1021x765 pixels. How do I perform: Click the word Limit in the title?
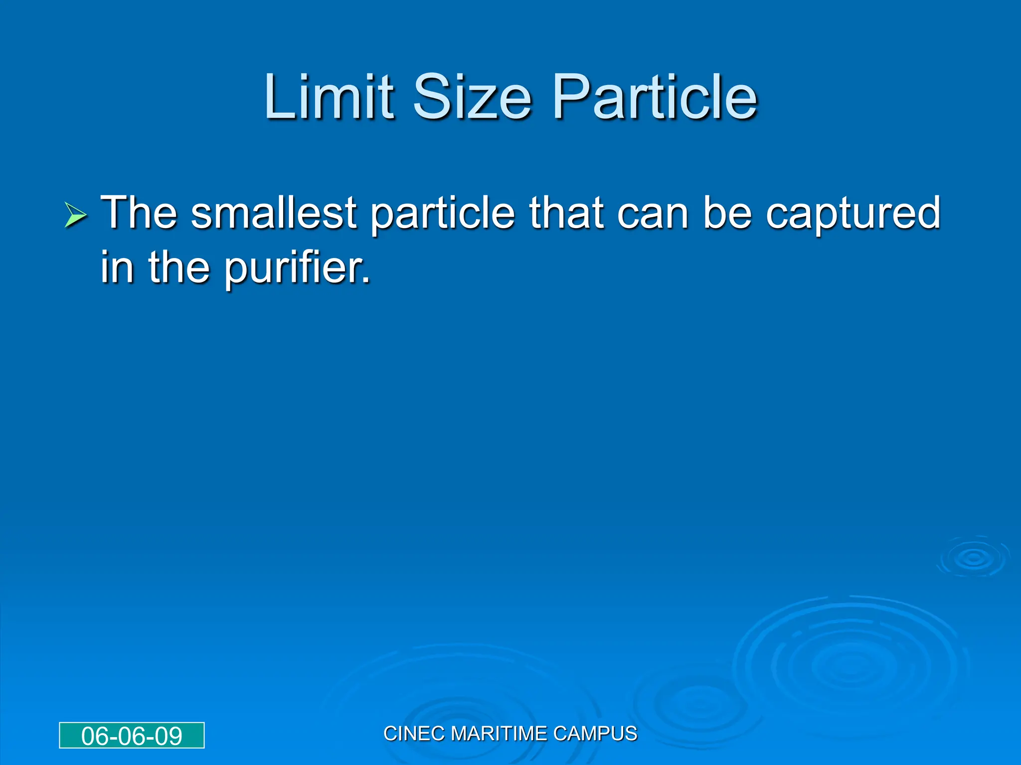[x=329, y=97]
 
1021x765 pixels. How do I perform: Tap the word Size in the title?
[x=472, y=97]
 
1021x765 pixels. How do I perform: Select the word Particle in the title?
[x=655, y=97]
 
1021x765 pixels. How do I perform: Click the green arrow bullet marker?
[x=75, y=216]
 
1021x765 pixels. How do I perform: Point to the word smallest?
[x=274, y=213]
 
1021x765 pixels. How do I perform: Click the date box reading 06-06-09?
[x=132, y=736]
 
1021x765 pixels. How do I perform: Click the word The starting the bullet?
[x=139, y=213]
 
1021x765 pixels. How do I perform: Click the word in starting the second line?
[x=117, y=267]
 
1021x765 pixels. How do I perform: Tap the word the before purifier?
[x=179, y=267]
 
